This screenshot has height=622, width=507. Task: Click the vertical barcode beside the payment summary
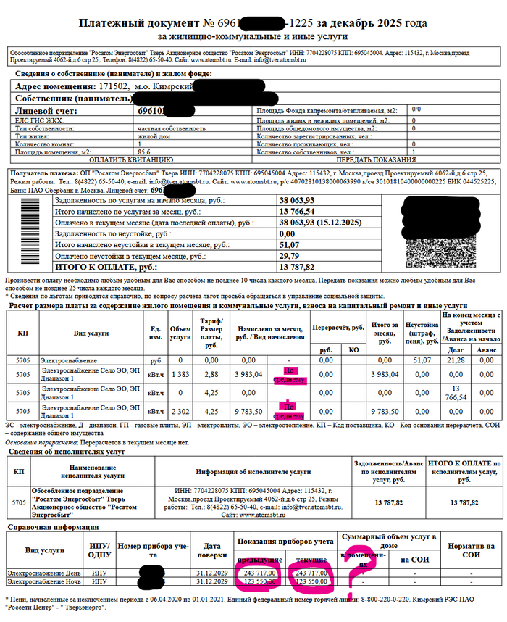(x=30, y=232)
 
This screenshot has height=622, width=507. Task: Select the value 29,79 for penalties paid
(x=289, y=256)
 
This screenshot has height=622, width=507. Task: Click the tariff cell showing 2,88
(x=211, y=373)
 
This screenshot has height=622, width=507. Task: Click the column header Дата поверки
(x=211, y=550)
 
